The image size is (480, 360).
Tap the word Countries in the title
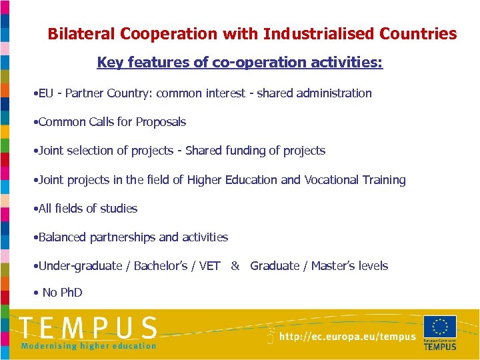point(418,34)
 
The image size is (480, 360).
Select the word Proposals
point(161,122)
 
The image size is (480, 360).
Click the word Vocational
point(331,180)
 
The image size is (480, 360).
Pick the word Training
point(383,180)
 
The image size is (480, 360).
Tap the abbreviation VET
point(209,266)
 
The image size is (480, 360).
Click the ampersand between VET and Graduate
point(235,266)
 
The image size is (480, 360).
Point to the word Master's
point(335,266)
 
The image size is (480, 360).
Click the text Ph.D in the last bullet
point(72,293)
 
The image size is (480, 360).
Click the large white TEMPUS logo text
point(88,328)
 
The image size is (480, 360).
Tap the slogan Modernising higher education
point(88,346)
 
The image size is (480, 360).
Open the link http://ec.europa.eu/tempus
point(347,337)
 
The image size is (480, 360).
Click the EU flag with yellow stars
point(440,327)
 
